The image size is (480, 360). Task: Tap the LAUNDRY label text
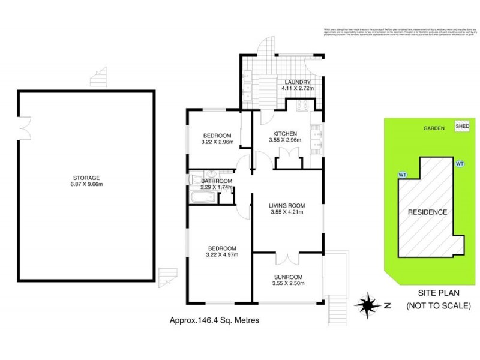click(296, 82)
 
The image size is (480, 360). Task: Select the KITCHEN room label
click(285, 134)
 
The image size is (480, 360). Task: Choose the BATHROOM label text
click(217, 181)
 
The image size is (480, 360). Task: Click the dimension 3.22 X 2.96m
click(219, 142)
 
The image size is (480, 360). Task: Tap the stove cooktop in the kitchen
click(301, 106)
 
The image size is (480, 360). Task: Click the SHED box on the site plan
click(463, 127)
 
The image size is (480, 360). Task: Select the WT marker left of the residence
click(401, 175)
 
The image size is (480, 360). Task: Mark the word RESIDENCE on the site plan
click(428, 212)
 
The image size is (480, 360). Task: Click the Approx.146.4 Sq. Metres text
click(215, 321)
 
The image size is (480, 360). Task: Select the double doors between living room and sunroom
click(288, 258)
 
